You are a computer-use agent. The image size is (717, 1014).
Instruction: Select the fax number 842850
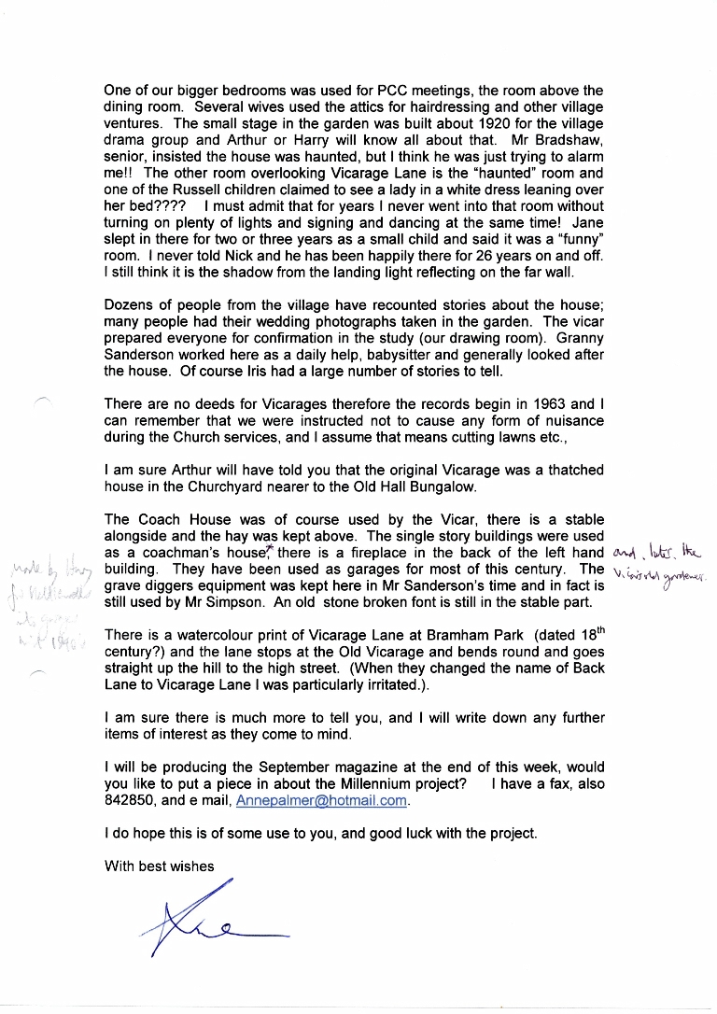pos(131,801)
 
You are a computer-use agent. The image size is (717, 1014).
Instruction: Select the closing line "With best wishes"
pos(160,866)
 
